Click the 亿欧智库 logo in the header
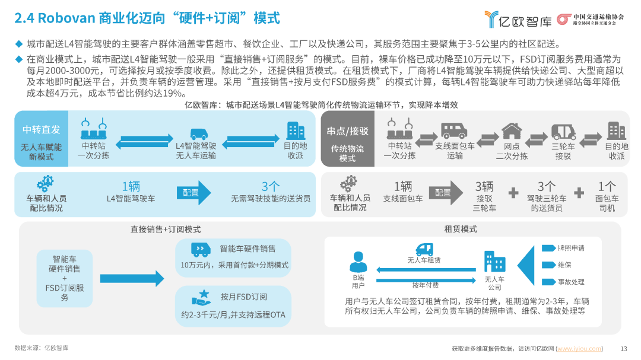[x=518, y=19]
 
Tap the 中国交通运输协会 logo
[x=591, y=19]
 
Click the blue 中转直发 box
[x=42, y=139]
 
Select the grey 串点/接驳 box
[x=347, y=139]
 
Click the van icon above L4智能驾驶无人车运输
[x=199, y=134]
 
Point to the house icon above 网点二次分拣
[x=512, y=131]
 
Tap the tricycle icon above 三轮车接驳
[x=563, y=132]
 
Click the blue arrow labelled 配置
[x=193, y=193]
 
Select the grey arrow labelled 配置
[x=446, y=193]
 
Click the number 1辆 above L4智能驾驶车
[x=131, y=186]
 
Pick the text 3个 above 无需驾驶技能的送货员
[x=271, y=186]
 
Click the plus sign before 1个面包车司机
[x=579, y=193]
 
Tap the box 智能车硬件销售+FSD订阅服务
[x=65, y=278]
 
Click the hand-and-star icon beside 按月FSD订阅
[x=202, y=298]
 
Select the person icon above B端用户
[x=358, y=262]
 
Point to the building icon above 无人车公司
[x=494, y=262]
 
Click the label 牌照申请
[x=571, y=248]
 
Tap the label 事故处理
[x=571, y=282]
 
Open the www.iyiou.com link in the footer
[x=579, y=349]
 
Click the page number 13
[x=624, y=349]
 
